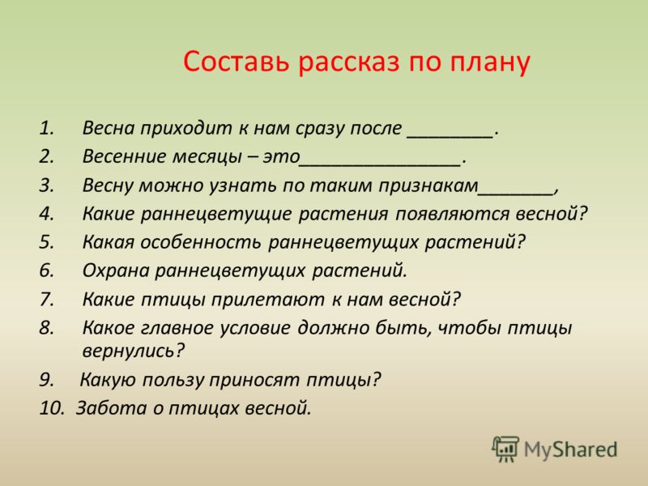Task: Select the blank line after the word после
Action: (x=450, y=135)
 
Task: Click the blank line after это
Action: (x=380, y=164)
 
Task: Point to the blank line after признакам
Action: (x=516, y=193)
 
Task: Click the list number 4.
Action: (x=47, y=214)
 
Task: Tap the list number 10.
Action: (x=53, y=408)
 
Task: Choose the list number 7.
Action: (x=47, y=300)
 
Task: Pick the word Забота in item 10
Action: (x=112, y=408)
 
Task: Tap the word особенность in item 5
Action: (x=201, y=242)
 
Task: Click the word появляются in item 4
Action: (x=452, y=215)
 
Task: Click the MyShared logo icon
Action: (x=505, y=449)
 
